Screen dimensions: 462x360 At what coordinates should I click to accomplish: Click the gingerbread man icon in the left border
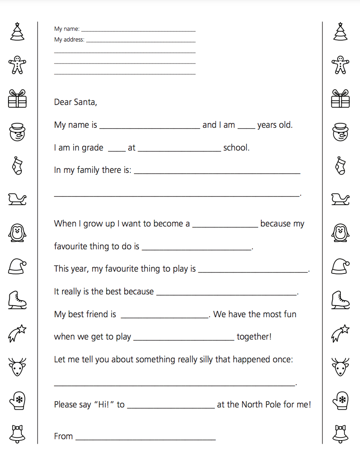pos(17,65)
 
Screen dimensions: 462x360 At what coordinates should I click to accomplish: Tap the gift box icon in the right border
pos(340,98)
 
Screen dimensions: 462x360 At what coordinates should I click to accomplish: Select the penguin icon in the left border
pos(17,232)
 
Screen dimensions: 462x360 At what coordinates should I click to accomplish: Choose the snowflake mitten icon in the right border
pos(340,400)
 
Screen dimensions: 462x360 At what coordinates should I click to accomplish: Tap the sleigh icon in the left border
pos(17,199)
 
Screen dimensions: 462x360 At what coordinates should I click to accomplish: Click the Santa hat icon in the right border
pos(340,266)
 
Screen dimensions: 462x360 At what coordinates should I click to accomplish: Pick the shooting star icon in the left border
pos(17,333)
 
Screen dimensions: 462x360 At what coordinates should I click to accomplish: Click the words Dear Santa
pos(75,102)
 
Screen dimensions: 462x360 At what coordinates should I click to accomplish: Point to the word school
pos(236,148)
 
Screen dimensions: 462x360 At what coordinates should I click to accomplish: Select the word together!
pos(254,337)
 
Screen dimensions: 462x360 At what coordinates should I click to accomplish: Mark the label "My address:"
pos(69,40)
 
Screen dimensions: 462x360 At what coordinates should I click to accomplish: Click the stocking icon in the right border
pos(340,165)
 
